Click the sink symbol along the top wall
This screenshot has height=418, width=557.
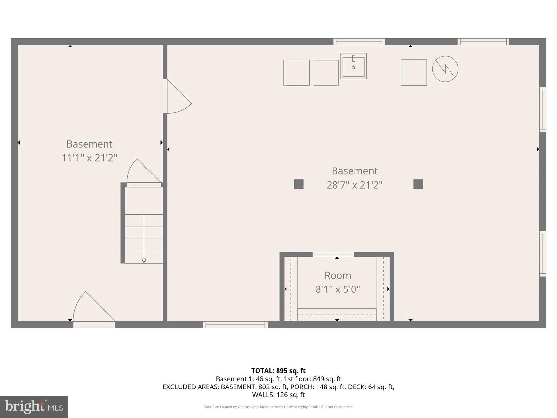[354, 66]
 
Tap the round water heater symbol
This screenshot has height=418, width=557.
[445, 69]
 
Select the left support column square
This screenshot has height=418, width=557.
[298, 184]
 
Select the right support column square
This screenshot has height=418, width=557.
[418, 184]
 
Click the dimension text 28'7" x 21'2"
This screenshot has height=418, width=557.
[354, 185]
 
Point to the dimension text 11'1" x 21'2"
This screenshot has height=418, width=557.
[89, 158]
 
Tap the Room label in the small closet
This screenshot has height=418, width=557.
[337, 275]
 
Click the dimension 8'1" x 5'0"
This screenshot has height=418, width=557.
[337, 289]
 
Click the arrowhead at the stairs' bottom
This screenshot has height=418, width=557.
[144, 261]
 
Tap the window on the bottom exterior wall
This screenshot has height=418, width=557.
[235, 325]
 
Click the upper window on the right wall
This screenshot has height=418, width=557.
[543, 110]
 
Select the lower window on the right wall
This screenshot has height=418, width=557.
[543, 254]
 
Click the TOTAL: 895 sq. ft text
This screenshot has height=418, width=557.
[278, 371]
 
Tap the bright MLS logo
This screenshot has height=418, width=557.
[34, 407]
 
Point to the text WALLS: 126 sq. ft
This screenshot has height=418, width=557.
[278, 395]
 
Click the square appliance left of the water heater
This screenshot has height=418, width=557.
[413, 72]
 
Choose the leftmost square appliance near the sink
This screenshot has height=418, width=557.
[296, 73]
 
